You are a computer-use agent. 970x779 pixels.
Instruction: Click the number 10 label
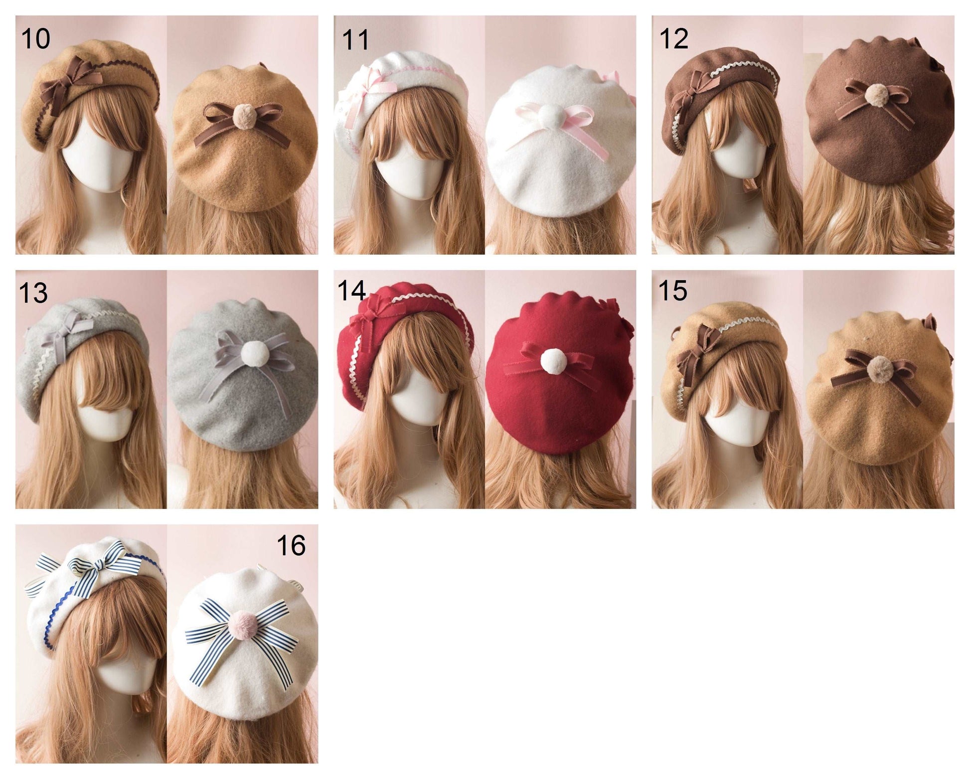35,38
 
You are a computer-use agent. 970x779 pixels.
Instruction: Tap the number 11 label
355,40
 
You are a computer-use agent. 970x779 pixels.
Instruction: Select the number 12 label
673,38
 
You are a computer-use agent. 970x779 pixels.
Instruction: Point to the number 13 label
33,293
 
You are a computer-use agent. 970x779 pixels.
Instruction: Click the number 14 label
351,291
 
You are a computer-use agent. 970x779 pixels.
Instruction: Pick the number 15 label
672,291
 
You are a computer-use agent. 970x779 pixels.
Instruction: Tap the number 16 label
291,546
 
